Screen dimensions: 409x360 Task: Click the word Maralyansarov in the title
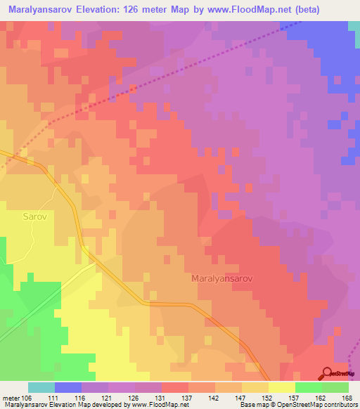(41, 10)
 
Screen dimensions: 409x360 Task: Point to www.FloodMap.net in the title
(226, 10)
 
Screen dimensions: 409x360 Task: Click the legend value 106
(27, 397)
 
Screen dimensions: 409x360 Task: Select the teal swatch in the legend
(41, 387)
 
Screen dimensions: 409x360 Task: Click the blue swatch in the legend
(67, 387)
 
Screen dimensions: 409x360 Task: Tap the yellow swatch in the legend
(281, 387)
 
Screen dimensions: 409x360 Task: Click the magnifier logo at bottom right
(327, 373)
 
